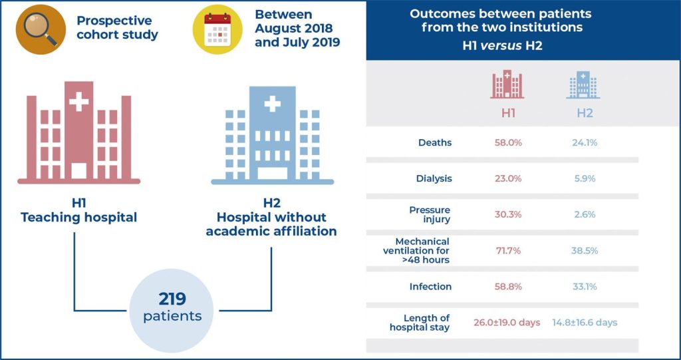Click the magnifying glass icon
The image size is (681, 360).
[x=41, y=29]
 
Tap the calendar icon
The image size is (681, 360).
[x=217, y=29]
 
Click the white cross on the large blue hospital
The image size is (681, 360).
[x=271, y=104]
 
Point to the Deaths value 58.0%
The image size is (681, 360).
[x=507, y=142]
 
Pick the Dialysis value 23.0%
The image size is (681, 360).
[x=507, y=179]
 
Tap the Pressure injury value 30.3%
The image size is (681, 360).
[x=507, y=215]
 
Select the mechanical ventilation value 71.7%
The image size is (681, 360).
[x=507, y=251]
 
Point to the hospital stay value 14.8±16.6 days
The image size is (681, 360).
[x=585, y=323]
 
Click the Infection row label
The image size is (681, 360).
[x=430, y=287]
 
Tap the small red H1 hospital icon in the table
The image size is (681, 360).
[x=507, y=84]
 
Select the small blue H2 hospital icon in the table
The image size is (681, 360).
[x=584, y=84]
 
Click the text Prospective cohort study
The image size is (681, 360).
[x=117, y=28]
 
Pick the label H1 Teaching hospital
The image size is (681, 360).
[x=79, y=209]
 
